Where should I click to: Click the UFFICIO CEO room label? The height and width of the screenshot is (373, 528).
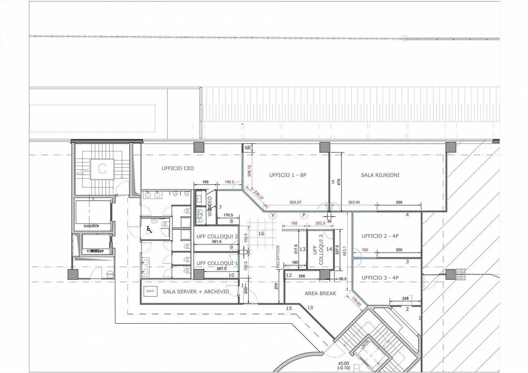pos(178,169)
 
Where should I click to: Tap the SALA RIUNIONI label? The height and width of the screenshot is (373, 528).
pos(380,175)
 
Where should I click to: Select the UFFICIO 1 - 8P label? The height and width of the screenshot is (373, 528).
pos(287,175)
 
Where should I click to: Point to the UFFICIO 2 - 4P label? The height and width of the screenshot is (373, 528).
pos(380,236)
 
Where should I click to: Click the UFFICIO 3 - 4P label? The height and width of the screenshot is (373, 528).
pos(380,278)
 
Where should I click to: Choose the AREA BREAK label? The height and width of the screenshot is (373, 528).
pos(320,293)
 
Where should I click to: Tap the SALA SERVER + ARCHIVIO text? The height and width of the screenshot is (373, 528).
pos(196,292)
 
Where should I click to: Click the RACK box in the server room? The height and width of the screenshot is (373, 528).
pos(150,291)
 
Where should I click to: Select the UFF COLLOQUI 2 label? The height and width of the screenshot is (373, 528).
pos(217,237)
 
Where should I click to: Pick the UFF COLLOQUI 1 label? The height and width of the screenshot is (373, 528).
pos(217,263)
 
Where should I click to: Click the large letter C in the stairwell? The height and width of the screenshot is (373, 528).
pos(102,169)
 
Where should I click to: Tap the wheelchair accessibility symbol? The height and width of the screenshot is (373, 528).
pos(149,229)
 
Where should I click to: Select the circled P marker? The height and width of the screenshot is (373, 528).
pos(304,215)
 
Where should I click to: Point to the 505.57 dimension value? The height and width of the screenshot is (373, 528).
pos(295,202)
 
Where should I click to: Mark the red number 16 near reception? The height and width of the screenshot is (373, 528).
pos(261,234)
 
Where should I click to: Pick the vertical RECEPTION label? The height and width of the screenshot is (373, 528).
pos(278,256)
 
